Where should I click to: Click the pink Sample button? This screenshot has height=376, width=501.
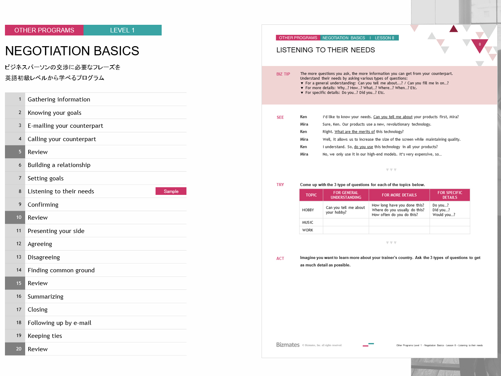(x=171, y=191)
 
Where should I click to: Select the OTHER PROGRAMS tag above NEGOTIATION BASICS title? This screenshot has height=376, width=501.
(x=44, y=30)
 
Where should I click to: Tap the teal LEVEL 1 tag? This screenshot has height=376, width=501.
(x=122, y=30)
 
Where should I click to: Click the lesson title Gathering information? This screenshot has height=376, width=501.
(x=59, y=100)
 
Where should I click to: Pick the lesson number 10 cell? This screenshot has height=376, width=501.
(x=19, y=217)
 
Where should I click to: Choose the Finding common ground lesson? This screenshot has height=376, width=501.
(x=61, y=270)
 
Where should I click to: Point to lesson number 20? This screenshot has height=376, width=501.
(x=19, y=349)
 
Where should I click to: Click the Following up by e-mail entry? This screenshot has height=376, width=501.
(x=59, y=323)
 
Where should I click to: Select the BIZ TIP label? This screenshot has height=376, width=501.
(x=283, y=74)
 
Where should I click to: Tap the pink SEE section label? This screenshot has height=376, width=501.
(x=280, y=117)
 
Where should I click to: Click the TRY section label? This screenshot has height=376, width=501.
(x=280, y=185)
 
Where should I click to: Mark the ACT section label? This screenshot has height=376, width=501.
(x=280, y=259)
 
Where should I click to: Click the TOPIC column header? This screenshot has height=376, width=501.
(x=311, y=195)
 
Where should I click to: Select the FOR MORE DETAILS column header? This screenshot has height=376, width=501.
(x=399, y=195)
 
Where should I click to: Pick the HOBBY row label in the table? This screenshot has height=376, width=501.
(x=308, y=210)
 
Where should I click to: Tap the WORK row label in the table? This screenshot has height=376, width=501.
(x=308, y=230)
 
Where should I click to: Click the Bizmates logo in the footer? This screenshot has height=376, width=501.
(x=288, y=345)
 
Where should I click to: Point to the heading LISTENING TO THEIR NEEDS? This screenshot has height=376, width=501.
(x=326, y=50)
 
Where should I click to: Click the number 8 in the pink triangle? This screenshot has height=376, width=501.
(x=480, y=45)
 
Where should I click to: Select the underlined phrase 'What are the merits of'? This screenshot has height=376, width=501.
(x=355, y=132)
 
